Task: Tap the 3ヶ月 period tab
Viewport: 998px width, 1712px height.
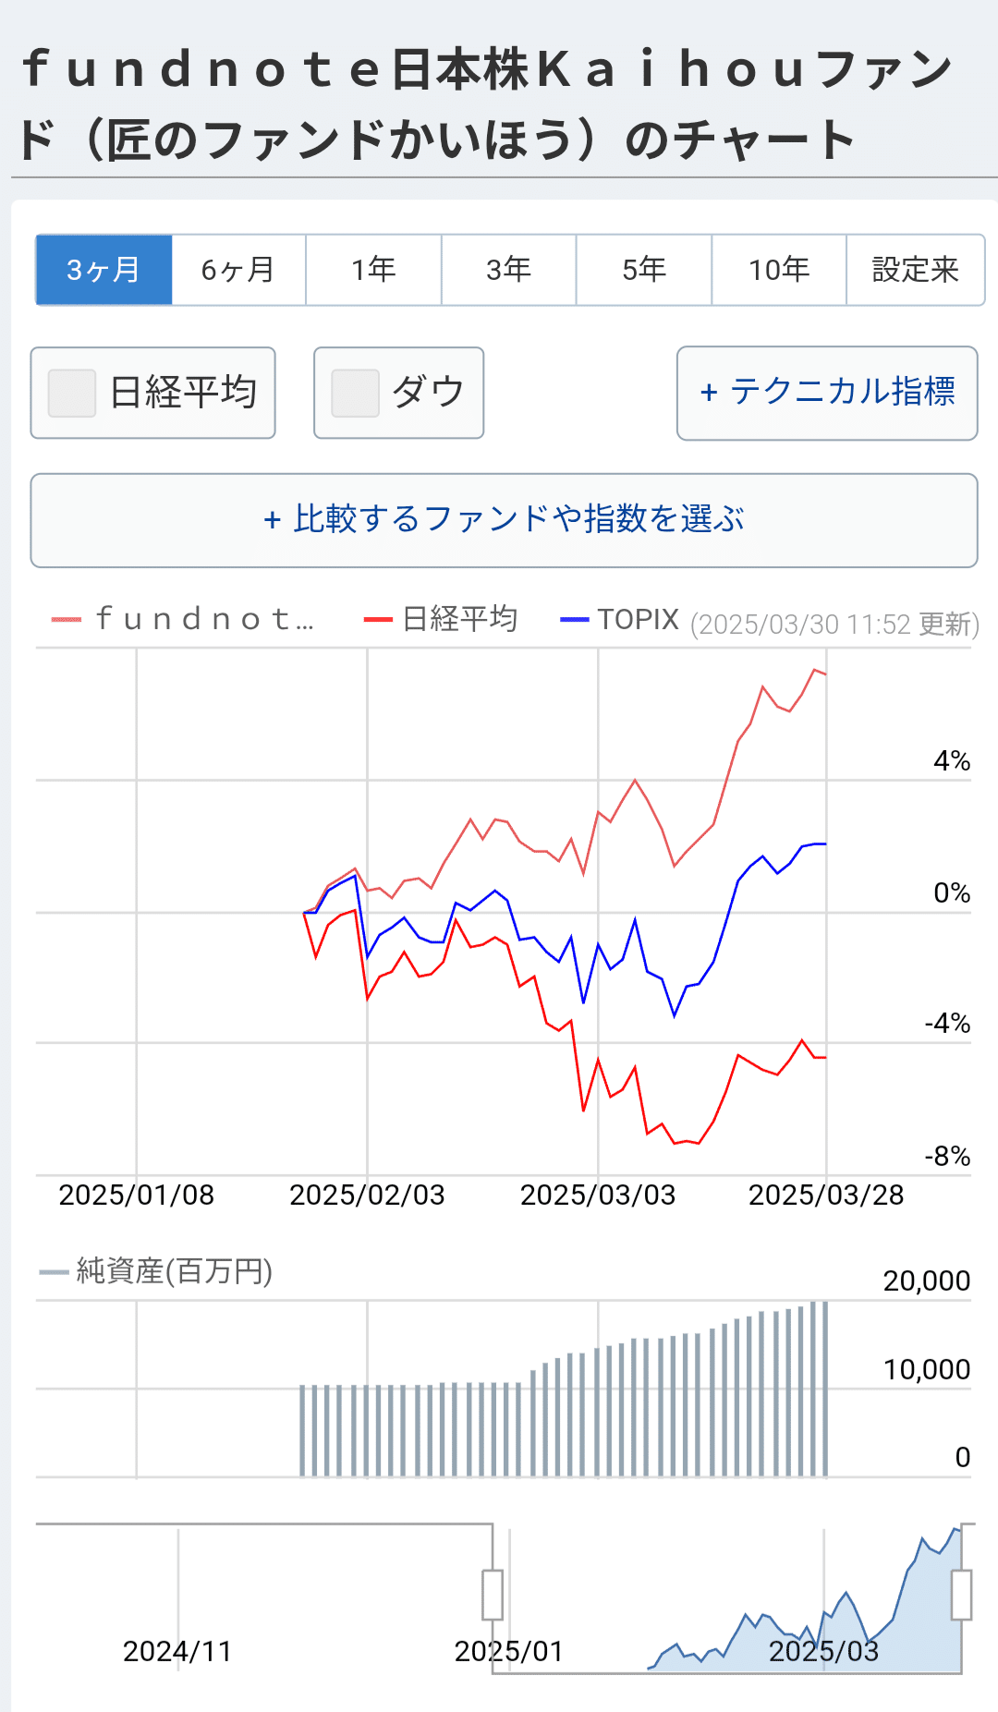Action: click(103, 270)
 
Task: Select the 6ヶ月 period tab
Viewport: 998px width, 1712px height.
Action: click(238, 270)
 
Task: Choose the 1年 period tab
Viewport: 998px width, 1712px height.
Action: click(373, 270)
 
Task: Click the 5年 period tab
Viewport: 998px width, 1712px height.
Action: click(644, 270)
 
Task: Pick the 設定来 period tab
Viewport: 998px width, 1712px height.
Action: click(915, 270)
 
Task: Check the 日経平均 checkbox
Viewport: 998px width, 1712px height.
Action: click(72, 393)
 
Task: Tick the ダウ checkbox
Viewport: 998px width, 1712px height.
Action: click(355, 393)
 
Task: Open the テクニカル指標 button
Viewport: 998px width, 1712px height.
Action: click(827, 393)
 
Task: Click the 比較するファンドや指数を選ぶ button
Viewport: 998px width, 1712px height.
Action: click(504, 520)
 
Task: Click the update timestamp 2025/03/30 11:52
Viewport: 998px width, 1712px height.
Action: click(834, 625)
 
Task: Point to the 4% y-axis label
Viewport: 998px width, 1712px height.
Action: click(951, 761)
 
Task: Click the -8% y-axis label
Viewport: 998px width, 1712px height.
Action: click(947, 1157)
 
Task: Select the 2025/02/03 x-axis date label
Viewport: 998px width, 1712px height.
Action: click(367, 1196)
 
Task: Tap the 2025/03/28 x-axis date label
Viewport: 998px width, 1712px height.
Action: click(825, 1196)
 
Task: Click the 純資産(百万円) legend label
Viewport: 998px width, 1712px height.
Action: click(174, 1271)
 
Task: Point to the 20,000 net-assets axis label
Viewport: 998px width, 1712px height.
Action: click(926, 1281)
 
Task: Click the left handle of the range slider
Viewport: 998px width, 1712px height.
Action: click(493, 1595)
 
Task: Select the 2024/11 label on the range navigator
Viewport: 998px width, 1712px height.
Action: click(177, 1651)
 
